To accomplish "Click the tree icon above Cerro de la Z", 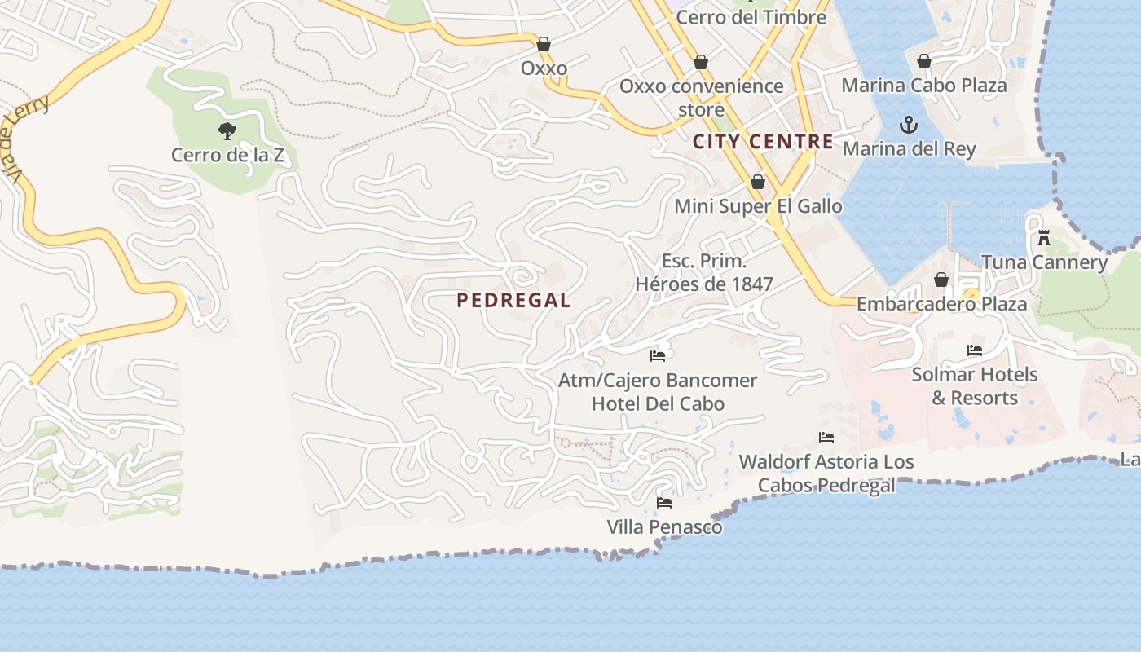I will point(227,130).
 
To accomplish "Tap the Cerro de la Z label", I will point(227,154).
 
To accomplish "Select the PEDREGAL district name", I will point(513,300).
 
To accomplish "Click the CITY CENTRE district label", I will point(763,141).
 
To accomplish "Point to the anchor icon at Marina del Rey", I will point(908,125).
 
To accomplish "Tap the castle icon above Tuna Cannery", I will point(1044,238).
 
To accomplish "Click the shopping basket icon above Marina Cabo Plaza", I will point(924,61).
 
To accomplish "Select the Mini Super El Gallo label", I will point(758,206).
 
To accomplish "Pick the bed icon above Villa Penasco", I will point(664,502).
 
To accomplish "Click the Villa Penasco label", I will point(664,527).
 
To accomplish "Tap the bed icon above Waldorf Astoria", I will point(826,437).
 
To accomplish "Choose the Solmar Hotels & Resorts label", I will point(974,386).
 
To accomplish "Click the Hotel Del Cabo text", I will point(658,403).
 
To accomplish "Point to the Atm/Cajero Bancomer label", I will point(658,381).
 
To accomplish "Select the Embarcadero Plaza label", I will point(941,304).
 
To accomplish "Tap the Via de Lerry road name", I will point(24,139).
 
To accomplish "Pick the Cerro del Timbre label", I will point(751,17).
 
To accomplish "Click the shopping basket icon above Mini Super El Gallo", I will point(758,182).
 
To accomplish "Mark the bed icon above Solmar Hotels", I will point(974,350).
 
